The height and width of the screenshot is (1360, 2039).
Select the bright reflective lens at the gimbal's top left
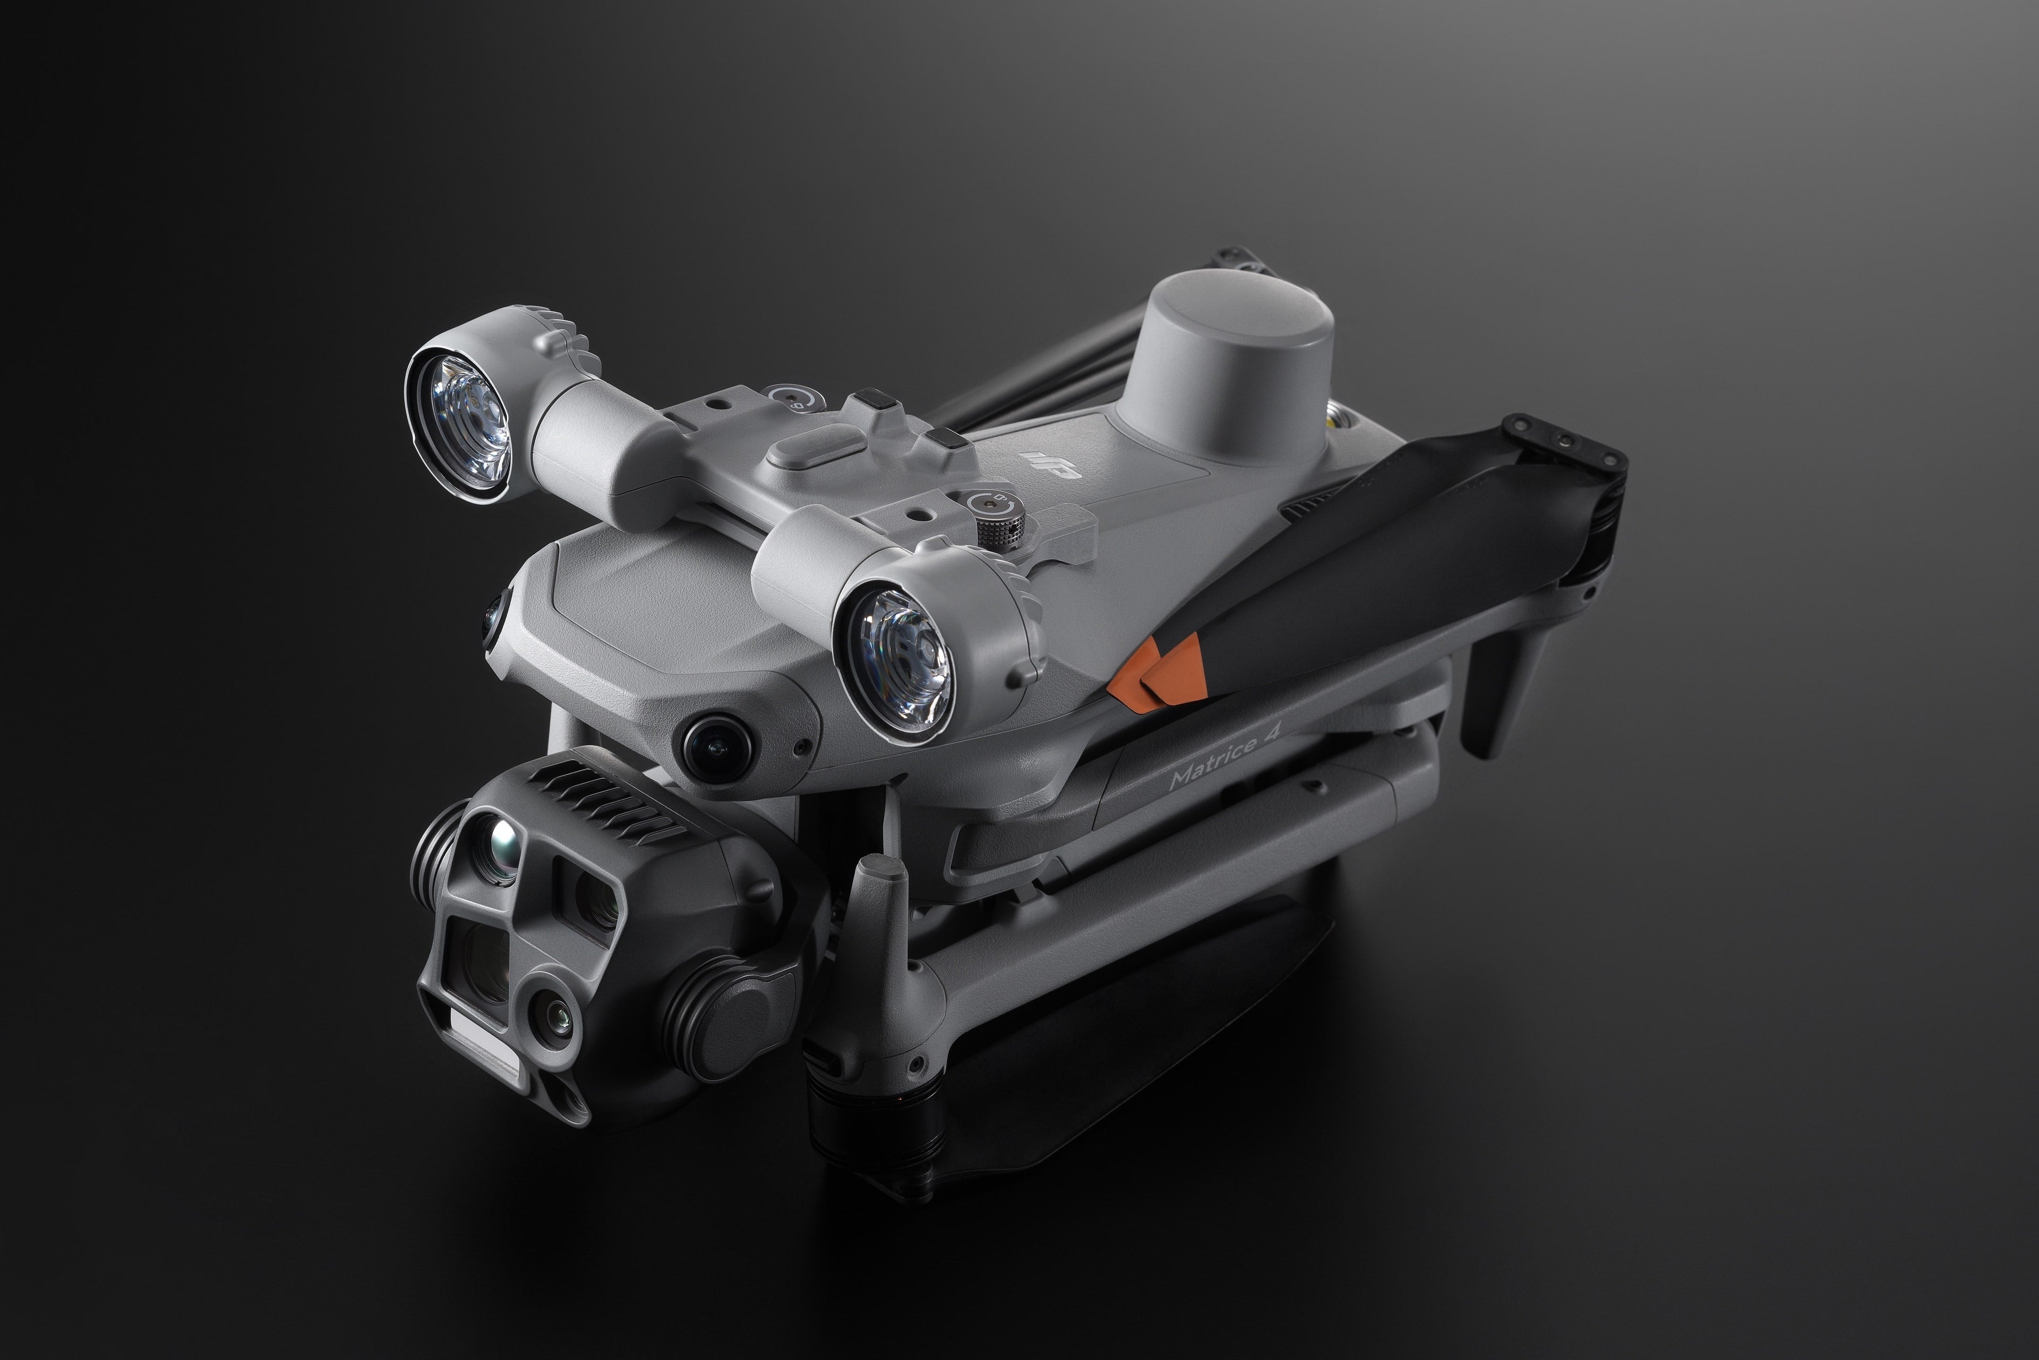coord(503,839)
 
